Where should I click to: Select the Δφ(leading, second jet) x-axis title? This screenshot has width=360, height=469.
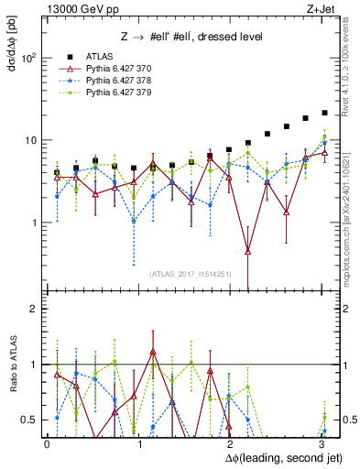click(274, 456)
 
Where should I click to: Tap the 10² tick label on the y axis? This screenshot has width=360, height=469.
click(29, 58)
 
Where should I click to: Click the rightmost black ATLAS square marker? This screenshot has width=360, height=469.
click(325, 113)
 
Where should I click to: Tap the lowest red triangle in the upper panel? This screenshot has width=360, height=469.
click(248, 250)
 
